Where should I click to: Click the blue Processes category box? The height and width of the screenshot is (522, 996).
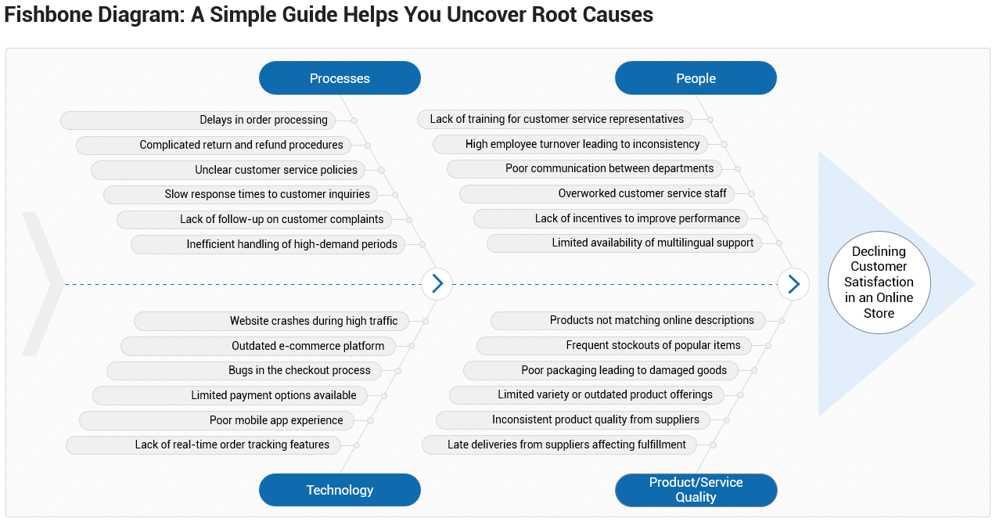click(x=340, y=78)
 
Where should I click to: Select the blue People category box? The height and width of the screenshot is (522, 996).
click(x=696, y=78)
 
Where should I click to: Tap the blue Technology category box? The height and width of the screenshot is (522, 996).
click(x=340, y=490)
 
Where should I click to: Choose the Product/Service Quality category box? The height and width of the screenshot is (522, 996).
click(x=696, y=490)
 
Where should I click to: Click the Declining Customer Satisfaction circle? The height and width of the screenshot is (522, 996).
click(x=879, y=283)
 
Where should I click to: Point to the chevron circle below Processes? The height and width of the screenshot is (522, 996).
click(x=437, y=283)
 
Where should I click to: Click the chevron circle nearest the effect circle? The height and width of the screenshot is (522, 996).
click(x=793, y=283)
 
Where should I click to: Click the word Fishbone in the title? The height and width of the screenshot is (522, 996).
click(x=44, y=14)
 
